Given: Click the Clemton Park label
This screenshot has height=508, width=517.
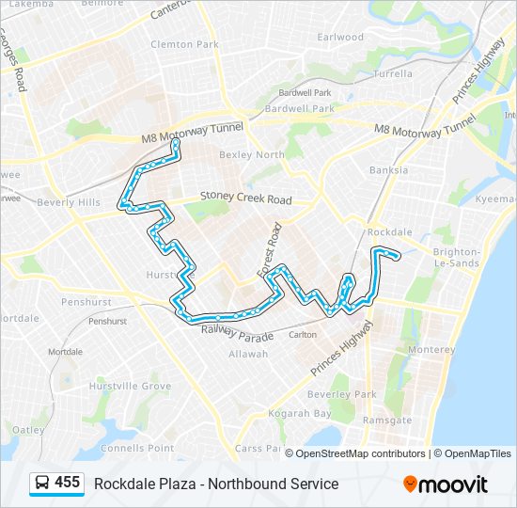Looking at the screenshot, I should (x=184, y=44).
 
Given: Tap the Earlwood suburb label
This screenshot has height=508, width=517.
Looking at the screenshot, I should (x=340, y=38).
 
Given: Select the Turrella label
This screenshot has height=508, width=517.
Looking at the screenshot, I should (x=393, y=73).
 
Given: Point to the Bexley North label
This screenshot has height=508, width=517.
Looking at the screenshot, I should (x=251, y=155).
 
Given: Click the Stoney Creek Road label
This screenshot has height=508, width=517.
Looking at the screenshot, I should (x=245, y=200).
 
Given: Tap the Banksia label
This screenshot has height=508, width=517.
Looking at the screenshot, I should (x=388, y=170).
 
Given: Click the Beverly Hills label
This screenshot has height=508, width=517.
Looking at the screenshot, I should (x=68, y=203).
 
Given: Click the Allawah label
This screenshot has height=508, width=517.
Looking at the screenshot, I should (x=248, y=354).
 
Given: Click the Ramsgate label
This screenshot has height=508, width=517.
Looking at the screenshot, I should (x=387, y=421).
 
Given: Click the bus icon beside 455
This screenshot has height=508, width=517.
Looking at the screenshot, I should (x=42, y=484).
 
